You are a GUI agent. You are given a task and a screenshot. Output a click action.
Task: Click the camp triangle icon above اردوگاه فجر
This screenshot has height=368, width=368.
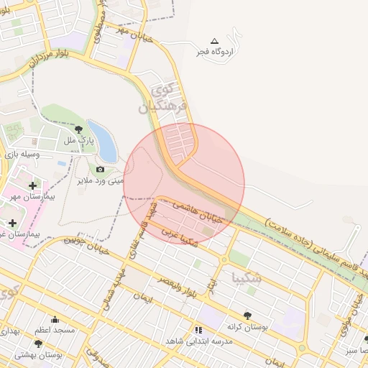pos(213,41)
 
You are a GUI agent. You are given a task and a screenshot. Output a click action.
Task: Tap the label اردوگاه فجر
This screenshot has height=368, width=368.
pos(216,52)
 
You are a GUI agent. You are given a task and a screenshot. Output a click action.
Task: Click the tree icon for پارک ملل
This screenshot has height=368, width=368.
pos(78,129)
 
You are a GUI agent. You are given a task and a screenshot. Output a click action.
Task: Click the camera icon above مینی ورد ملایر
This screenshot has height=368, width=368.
pos(100,170)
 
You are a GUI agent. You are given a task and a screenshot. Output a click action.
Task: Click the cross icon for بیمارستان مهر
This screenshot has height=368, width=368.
pos(32,186)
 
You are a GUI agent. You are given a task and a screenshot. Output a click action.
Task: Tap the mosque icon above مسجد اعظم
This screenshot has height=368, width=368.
pos(55,320)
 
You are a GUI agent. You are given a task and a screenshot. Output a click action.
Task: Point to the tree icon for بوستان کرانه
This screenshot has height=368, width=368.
pos(247,315)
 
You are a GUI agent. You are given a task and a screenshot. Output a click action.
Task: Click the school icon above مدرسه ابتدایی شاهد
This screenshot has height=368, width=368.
pos(198,330)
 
